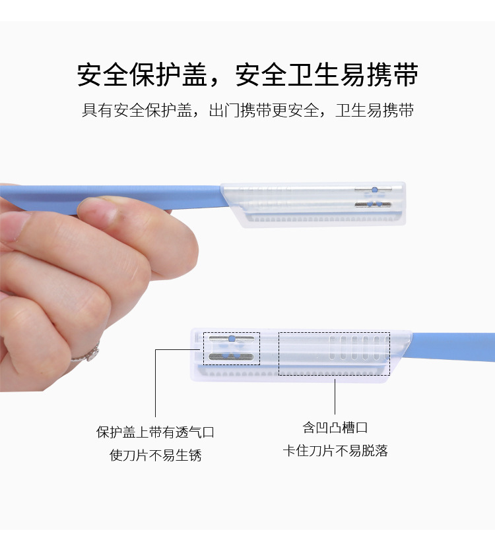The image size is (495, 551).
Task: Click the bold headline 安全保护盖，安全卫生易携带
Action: (x=247, y=74)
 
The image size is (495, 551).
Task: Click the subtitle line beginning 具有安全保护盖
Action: (x=247, y=110)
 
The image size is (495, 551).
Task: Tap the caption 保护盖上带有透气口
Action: (x=155, y=432)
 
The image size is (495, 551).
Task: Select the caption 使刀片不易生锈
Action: (x=155, y=455)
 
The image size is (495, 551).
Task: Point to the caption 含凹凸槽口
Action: (x=335, y=427)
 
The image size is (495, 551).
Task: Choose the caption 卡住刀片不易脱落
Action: (x=335, y=450)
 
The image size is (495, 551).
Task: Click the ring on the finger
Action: (x=87, y=353)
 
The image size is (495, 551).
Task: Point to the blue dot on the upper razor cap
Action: (x=374, y=190)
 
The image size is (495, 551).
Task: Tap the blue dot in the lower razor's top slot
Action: (x=231, y=339)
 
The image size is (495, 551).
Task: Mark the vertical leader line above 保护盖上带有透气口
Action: (x=156, y=383)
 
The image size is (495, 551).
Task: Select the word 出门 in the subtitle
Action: (x=224, y=110)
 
